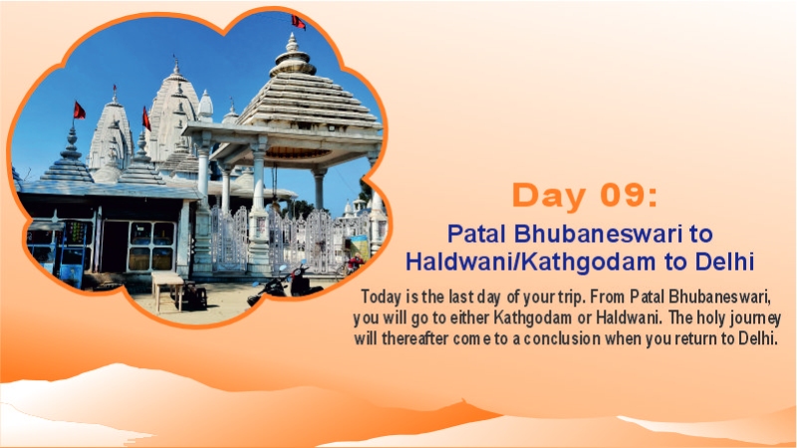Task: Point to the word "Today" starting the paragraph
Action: [x=383, y=298]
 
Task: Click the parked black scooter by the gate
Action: [x=277, y=285]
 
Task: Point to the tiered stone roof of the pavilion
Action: [x=297, y=100]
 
